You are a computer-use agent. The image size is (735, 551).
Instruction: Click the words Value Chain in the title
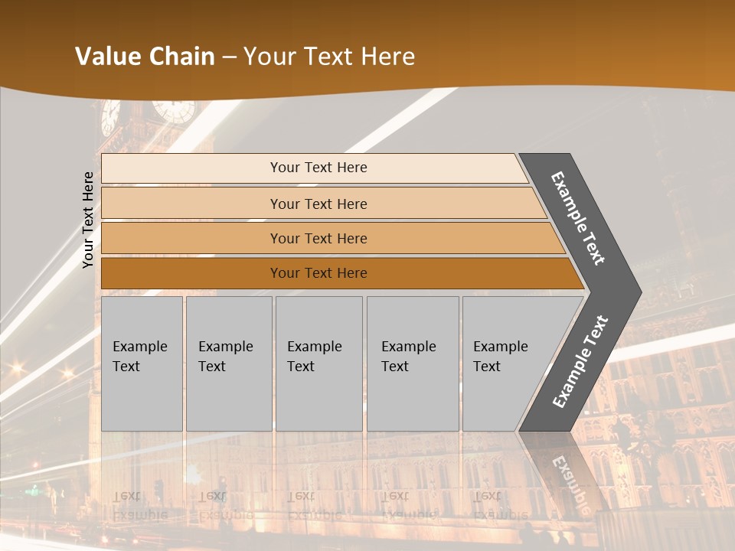click(145, 57)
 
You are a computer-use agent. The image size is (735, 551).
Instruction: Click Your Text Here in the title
click(329, 57)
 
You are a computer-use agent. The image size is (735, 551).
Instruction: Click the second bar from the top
click(318, 204)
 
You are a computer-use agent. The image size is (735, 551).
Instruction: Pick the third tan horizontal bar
click(318, 238)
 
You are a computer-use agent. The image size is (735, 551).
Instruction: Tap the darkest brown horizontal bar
click(318, 273)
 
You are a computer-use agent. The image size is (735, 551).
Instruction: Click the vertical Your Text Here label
click(88, 220)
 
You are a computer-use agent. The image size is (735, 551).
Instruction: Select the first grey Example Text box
click(142, 364)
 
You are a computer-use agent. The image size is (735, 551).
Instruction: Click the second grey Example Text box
click(228, 364)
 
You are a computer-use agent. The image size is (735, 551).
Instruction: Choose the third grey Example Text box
click(318, 364)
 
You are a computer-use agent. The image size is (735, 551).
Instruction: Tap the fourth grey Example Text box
click(412, 364)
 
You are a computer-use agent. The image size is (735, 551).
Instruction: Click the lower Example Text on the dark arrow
click(580, 361)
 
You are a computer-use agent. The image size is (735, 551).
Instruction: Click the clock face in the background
click(174, 110)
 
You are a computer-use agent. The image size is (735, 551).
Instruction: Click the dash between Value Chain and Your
click(229, 57)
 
